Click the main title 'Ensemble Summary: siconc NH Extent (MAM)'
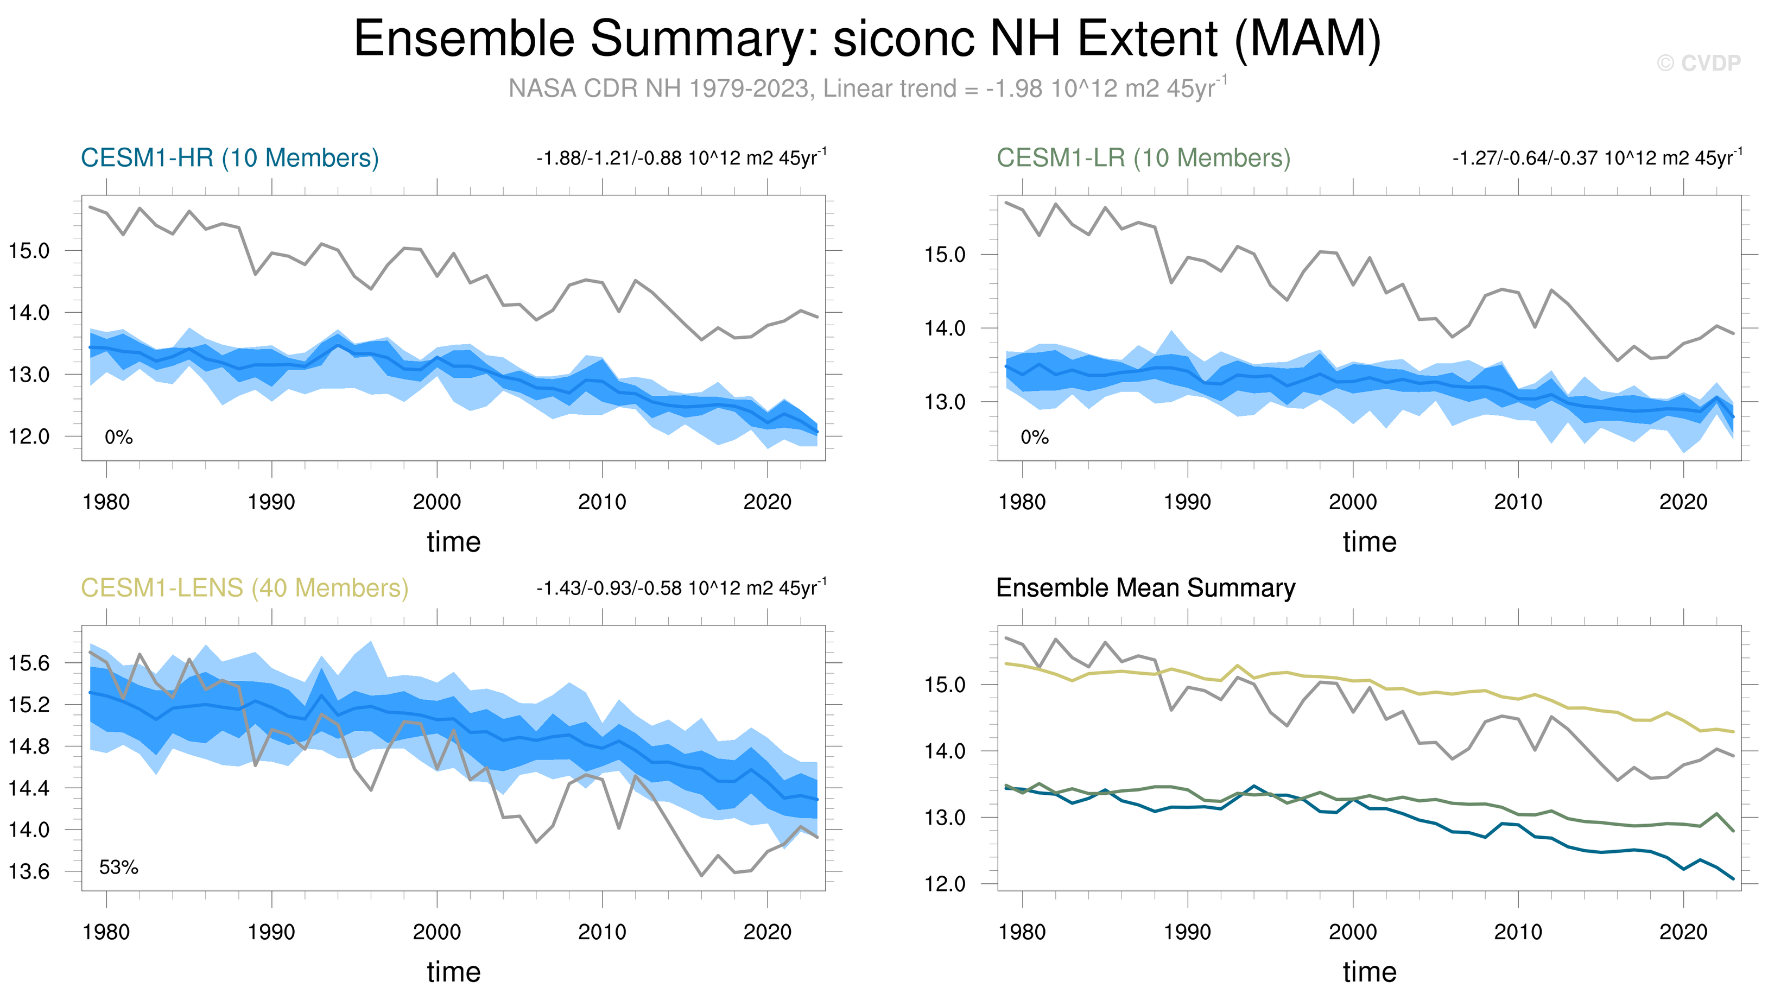pyautogui.click(x=867, y=39)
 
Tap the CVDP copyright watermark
pyautogui.click(x=1699, y=63)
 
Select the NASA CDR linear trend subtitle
pyautogui.click(x=868, y=88)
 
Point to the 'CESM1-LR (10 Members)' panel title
pyautogui.click(x=1144, y=158)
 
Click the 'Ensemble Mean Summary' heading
pyautogui.click(x=1146, y=588)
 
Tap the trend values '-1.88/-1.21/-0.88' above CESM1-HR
pyautogui.click(x=610, y=159)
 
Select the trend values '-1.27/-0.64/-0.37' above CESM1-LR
pyautogui.click(x=1526, y=159)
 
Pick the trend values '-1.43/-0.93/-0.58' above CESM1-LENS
pyautogui.click(x=610, y=588)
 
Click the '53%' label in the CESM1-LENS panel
pyautogui.click(x=119, y=868)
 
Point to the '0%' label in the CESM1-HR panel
pyautogui.click(x=119, y=437)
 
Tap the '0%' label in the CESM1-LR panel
pyautogui.click(x=1035, y=437)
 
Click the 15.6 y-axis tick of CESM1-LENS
pyautogui.click(x=29, y=663)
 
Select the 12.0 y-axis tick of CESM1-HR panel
pyautogui.click(x=29, y=436)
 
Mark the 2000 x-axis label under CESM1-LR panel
pyautogui.click(x=1353, y=502)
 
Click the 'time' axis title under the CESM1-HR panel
pyautogui.click(x=454, y=542)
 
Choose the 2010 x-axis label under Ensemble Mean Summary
pyautogui.click(x=1518, y=932)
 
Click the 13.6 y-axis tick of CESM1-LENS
pyautogui.click(x=29, y=871)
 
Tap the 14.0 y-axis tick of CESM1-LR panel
pyautogui.click(x=945, y=328)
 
